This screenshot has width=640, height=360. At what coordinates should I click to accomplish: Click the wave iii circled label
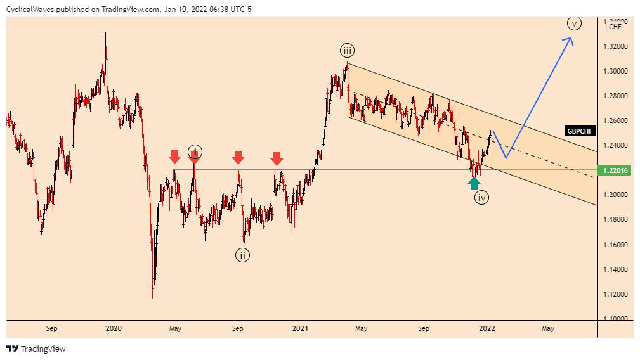coord(346,51)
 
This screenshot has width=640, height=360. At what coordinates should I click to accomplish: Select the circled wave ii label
coord(243,255)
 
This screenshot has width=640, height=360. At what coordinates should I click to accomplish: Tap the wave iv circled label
coord(482,198)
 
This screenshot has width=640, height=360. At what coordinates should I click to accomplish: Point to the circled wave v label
coord(574,24)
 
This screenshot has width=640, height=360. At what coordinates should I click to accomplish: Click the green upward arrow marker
coord(474,183)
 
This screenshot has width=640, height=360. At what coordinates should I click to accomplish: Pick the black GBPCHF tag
coord(580,131)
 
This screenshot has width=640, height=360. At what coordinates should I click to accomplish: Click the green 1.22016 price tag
coord(617,170)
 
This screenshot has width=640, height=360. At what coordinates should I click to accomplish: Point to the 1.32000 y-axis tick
coord(617,46)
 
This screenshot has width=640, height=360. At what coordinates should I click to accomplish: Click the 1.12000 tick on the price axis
coord(617,294)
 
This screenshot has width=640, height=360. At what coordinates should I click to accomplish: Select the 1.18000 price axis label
coord(617,220)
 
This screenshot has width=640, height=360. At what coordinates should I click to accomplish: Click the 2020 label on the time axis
coord(114,328)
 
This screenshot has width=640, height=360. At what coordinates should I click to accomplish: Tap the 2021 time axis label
coord(300,328)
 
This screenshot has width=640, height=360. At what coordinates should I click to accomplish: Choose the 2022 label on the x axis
coord(487,328)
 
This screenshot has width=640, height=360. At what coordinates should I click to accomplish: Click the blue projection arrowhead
coord(570,41)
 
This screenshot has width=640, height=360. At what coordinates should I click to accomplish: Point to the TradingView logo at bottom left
coord(36,349)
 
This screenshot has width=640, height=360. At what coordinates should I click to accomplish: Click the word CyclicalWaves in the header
coord(31,8)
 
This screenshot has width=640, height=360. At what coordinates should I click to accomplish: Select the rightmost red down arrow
coord(277,158)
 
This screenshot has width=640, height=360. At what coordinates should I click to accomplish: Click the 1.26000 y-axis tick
coord(617,120)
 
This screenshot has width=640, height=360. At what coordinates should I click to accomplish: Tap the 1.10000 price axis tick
coord(617,319)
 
